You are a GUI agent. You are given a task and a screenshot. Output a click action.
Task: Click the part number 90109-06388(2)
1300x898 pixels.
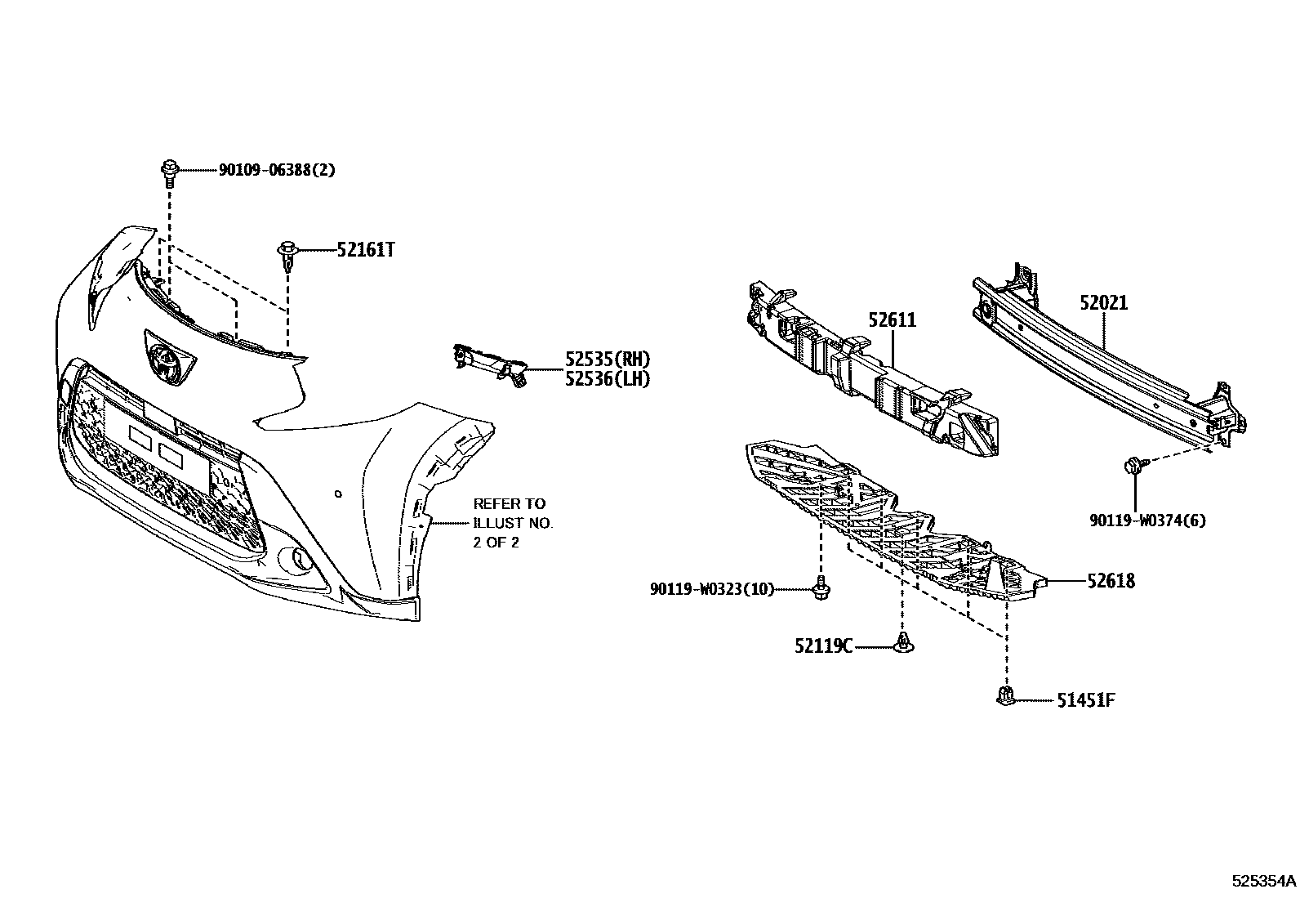(x=277, y=170)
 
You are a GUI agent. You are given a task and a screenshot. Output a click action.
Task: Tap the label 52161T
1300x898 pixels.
(x=365, y=250)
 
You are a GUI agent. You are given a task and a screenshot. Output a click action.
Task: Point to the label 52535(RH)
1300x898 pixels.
(x=608, y=359)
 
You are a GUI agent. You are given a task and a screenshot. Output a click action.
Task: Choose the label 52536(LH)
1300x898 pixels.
(x=608, y=379)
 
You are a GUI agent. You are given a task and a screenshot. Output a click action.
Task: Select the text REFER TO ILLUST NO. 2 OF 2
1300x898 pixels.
(x=513, y=523)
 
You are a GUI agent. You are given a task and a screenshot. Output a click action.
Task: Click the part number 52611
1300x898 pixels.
(x=892, y=320)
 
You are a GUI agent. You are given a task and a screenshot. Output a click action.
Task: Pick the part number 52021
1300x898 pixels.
(x=1103, y=303)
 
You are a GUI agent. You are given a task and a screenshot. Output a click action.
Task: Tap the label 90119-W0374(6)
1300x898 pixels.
(x=1146, y=520)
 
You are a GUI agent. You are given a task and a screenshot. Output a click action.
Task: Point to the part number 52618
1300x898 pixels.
(x=1110, y=581)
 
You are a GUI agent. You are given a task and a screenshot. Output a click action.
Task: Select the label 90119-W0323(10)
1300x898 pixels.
(x=711, y=588)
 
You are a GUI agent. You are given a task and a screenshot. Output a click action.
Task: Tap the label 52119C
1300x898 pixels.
(x=822, y=646)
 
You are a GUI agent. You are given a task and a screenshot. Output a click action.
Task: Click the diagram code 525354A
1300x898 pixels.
(x=1264, y=882)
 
